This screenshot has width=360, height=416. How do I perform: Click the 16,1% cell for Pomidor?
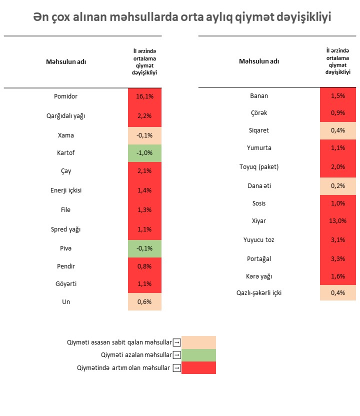click(x=144, y=96)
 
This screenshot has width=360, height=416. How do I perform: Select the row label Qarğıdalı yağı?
click(x=65, y=115)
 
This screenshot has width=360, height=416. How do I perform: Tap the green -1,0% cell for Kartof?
click(x=144, y=153)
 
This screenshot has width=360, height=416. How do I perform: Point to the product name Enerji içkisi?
click(x=65, y=191)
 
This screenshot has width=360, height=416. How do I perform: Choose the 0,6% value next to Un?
click(x=144, y=302)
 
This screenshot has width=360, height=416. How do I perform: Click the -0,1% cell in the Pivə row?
click(x=144, y=248)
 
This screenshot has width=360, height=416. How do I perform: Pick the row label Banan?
click(x=258, y=96)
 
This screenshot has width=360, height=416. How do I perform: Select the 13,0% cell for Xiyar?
click(x=338, y=220)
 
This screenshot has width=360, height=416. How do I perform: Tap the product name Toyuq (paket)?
click(x=258, y=167)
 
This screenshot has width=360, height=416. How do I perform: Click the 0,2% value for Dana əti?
click(x=338, y=185)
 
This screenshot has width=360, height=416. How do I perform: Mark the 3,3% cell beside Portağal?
click(x=338, y=259)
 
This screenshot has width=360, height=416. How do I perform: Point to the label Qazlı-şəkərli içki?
click(x=258, y=292)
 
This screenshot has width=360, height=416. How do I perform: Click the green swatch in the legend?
click(x=199, y=355)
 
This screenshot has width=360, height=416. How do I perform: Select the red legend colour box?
click(x=199, y=368)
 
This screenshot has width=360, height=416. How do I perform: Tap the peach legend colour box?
click(x=199, y=342)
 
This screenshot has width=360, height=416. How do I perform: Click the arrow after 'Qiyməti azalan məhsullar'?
click(x=176, y=355)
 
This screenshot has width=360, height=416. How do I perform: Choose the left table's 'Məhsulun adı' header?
click(x=66, y=62)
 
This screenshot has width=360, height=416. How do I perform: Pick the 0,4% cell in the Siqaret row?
click(x=338, y=130)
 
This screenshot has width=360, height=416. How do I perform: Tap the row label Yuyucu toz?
click(x=258, y=239)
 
